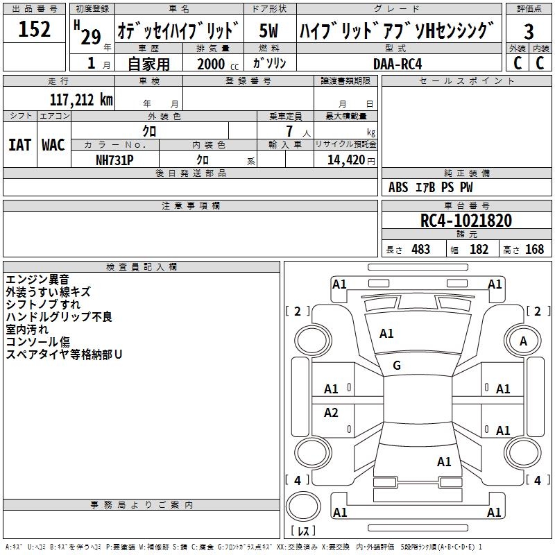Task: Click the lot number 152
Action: point(34,28)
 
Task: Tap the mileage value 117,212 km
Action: point(81,100)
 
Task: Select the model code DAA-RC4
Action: point(398,64)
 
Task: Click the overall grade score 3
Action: point(529,31)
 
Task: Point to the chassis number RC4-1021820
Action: point(466,221)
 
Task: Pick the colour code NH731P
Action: point(114,160)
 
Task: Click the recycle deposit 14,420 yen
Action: point(351,160)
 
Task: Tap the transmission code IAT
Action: point(20,145)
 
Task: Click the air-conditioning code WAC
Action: point(53,145)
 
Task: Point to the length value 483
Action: point(420,249)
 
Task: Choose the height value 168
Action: point(534,249)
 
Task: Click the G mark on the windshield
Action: point(397,366)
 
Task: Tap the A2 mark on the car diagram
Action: point(331,412)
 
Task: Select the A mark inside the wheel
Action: point(523,341)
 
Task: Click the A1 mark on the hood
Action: point(386,334)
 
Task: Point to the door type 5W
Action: point(268,31)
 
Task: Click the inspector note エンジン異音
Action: point(37,280)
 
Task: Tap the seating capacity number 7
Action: point(289,131)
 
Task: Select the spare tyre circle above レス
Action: point(303,506)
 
